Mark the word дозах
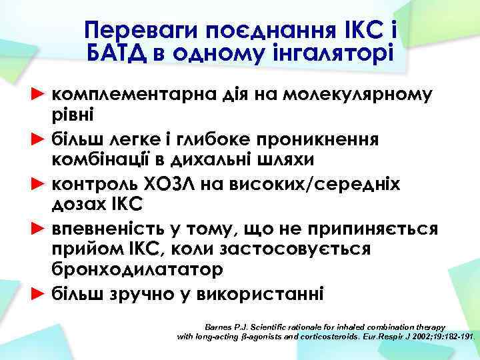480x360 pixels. point(76,203)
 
